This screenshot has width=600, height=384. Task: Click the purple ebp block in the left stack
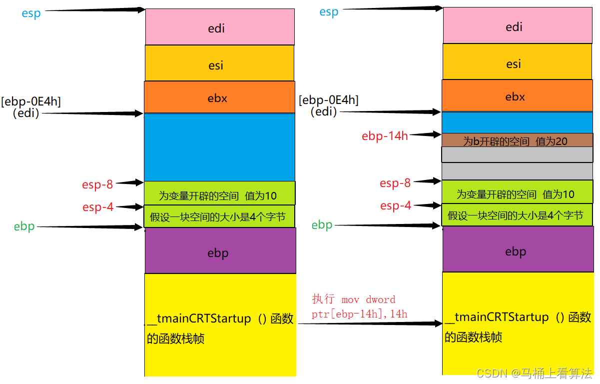(220, 252)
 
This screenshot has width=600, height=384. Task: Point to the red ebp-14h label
(385, 135)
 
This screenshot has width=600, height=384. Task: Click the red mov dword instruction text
(360, 306)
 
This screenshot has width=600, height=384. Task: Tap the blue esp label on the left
(31, 13)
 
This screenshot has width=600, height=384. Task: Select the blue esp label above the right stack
(329, 11)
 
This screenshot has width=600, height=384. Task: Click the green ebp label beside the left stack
(24, 226)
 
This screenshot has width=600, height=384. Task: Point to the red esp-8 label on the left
(97, 184)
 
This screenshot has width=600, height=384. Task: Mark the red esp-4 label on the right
(395, 205)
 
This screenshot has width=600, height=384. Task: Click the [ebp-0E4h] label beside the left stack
(31, 101)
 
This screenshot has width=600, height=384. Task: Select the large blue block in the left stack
(219, 147)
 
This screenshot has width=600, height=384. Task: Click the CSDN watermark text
(534, 373)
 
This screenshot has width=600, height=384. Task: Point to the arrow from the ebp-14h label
(425, 134)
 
